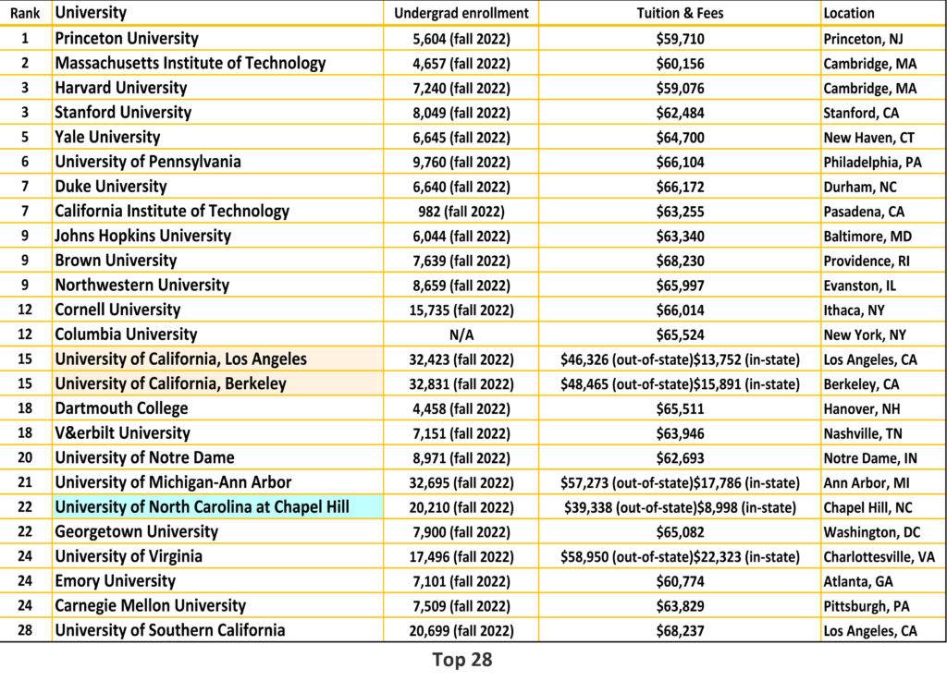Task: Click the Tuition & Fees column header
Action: pyautogui.click(x=680, y=13)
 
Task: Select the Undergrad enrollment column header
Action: pyautogui.click(x=461, y=13)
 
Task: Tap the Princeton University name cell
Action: pyautogui.click(x=127, y=39)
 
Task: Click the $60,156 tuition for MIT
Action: pyautogui.click(x=680, y=64)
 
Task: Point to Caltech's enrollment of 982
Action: pyautogui.click(x=461, y=212)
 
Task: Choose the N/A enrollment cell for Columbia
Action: pyautogui.click(x=461, y=334)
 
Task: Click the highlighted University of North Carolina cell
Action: pyautogui.click(x=202, y=507)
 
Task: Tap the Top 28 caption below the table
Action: pyautogui.click(x=461, y=660)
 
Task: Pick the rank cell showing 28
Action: pyautogui.click(x=25, y=630)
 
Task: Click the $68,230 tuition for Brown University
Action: pyautogui.click(x=680, y=261)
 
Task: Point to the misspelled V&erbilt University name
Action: pyautogui.click(x=122, y=433)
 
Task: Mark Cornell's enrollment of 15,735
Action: pyautogui.click(x=461, y=310)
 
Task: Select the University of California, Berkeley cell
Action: pyautogui.click(x=170, y=383)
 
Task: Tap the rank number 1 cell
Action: pyautogui.click(x=25, y=39)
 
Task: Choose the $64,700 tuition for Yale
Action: pyautogui.click(x=680, y=138)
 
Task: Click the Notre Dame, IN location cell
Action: pyautogui.click(x=870, y=457)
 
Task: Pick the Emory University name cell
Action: pyautogui.click(x=115, y=581)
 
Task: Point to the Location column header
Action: pyautogui.click(x=848, y=13)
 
